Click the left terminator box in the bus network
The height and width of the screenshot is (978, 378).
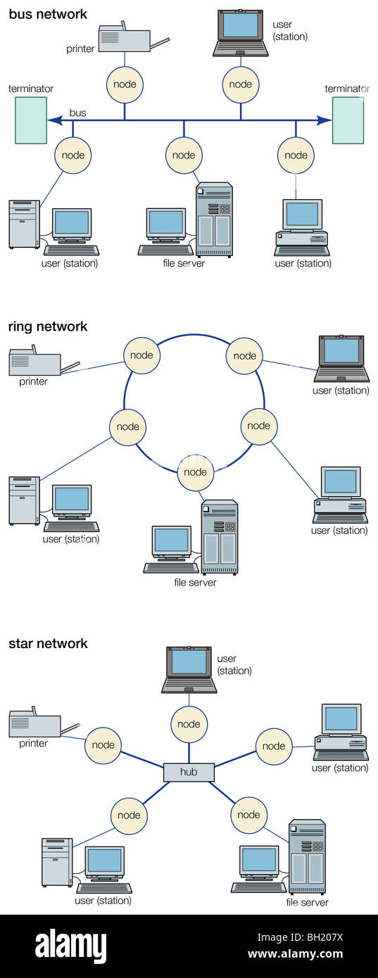tap(31, 120)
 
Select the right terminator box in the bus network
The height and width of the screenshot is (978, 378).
tap(348, 120)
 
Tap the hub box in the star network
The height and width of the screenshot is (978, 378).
tap(189, 772)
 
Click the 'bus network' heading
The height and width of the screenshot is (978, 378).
tap(48, 14)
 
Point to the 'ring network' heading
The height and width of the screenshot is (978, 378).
tap(48, 326)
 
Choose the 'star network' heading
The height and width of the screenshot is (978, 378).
tap(48, 643)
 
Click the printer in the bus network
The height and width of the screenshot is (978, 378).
tap(125, 38)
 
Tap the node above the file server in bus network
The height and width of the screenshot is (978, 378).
tap(184, 155)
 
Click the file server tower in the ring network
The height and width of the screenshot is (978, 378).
tap(220, 537)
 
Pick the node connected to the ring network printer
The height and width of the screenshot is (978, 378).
tap(141, 355)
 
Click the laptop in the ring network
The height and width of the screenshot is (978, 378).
tap(341, 360)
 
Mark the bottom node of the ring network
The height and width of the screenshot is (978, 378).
tap(195, 472)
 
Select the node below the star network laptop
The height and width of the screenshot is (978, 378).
tap(189, 724)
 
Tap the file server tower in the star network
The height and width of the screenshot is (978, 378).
tap(307, 856)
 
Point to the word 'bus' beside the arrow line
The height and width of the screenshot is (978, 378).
tap(77, 113)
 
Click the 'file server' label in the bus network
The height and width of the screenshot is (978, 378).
tap(183, 263)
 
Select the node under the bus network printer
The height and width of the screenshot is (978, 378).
tap(125, 84)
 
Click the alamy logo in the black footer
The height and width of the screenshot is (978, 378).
tap(70, 946)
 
